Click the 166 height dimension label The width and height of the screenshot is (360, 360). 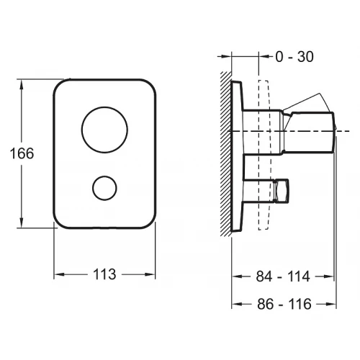click(22, 153)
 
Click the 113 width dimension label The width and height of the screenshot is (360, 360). click(104, 274)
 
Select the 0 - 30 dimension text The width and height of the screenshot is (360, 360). click(294, 57)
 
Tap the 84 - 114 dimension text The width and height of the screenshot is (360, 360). click(283, 276)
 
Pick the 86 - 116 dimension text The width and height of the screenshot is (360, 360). click(284, 304)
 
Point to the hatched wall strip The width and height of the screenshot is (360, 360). click(225, 153)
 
